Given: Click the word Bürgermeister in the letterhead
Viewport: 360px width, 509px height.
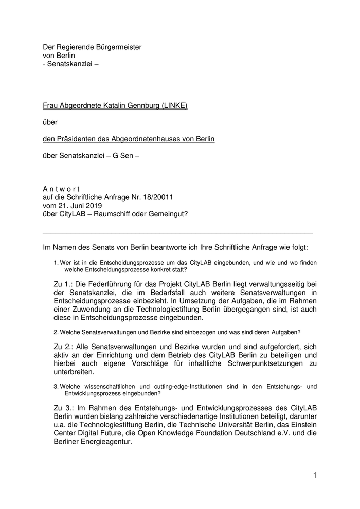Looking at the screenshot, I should [x=117, y=47].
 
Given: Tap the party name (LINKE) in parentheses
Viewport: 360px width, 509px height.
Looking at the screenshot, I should [x=174, y=106].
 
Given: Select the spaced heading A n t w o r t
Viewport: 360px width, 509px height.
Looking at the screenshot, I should [x=61, y=189].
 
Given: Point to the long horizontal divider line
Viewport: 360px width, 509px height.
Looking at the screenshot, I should [x=178, y=234].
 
